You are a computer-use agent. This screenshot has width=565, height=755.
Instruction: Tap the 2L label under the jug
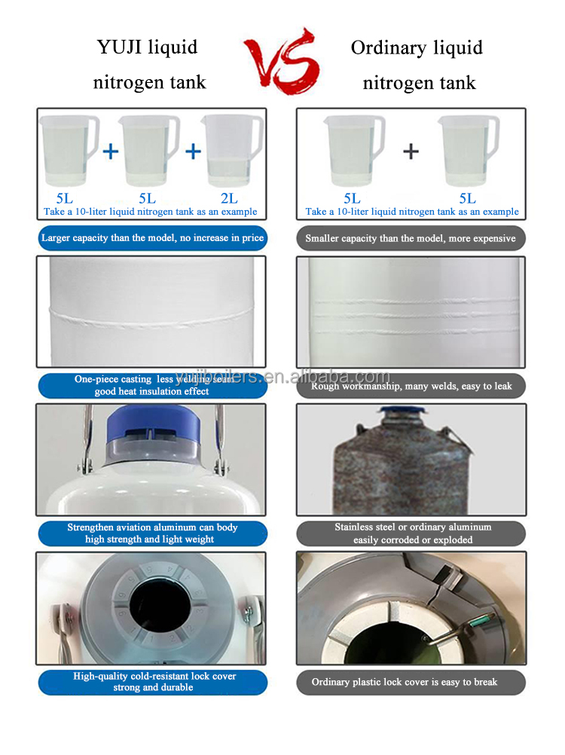(x=229, y=198)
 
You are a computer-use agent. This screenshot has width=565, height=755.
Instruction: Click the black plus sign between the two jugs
(x=411, y=151)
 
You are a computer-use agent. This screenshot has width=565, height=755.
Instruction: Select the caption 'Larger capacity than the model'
(x=153, y=238)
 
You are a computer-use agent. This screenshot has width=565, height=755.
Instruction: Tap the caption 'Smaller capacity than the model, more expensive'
(x=411, y=238)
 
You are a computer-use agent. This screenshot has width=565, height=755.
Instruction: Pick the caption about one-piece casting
(x=153, y=386)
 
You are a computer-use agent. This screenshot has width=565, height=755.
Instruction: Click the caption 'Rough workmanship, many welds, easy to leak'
(x=411, y=386)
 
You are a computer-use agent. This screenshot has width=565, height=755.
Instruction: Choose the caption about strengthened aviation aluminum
(x=153, y=533)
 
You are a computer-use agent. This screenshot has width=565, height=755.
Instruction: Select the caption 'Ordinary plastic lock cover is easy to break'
(x=411, y=682)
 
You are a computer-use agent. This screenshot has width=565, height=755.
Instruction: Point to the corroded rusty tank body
(x=407, y=475)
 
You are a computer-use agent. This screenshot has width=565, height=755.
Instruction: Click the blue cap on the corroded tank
(x=399, y=413)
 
